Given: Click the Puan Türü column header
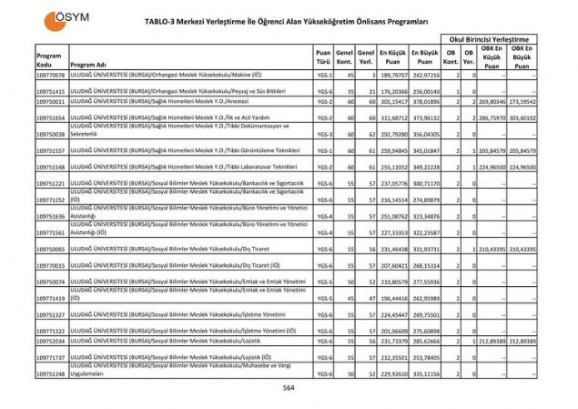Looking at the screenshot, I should (x=323, y=60).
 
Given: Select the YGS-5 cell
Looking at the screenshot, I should (x=324, y=298).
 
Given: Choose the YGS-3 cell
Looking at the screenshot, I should (x=324, y=134).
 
